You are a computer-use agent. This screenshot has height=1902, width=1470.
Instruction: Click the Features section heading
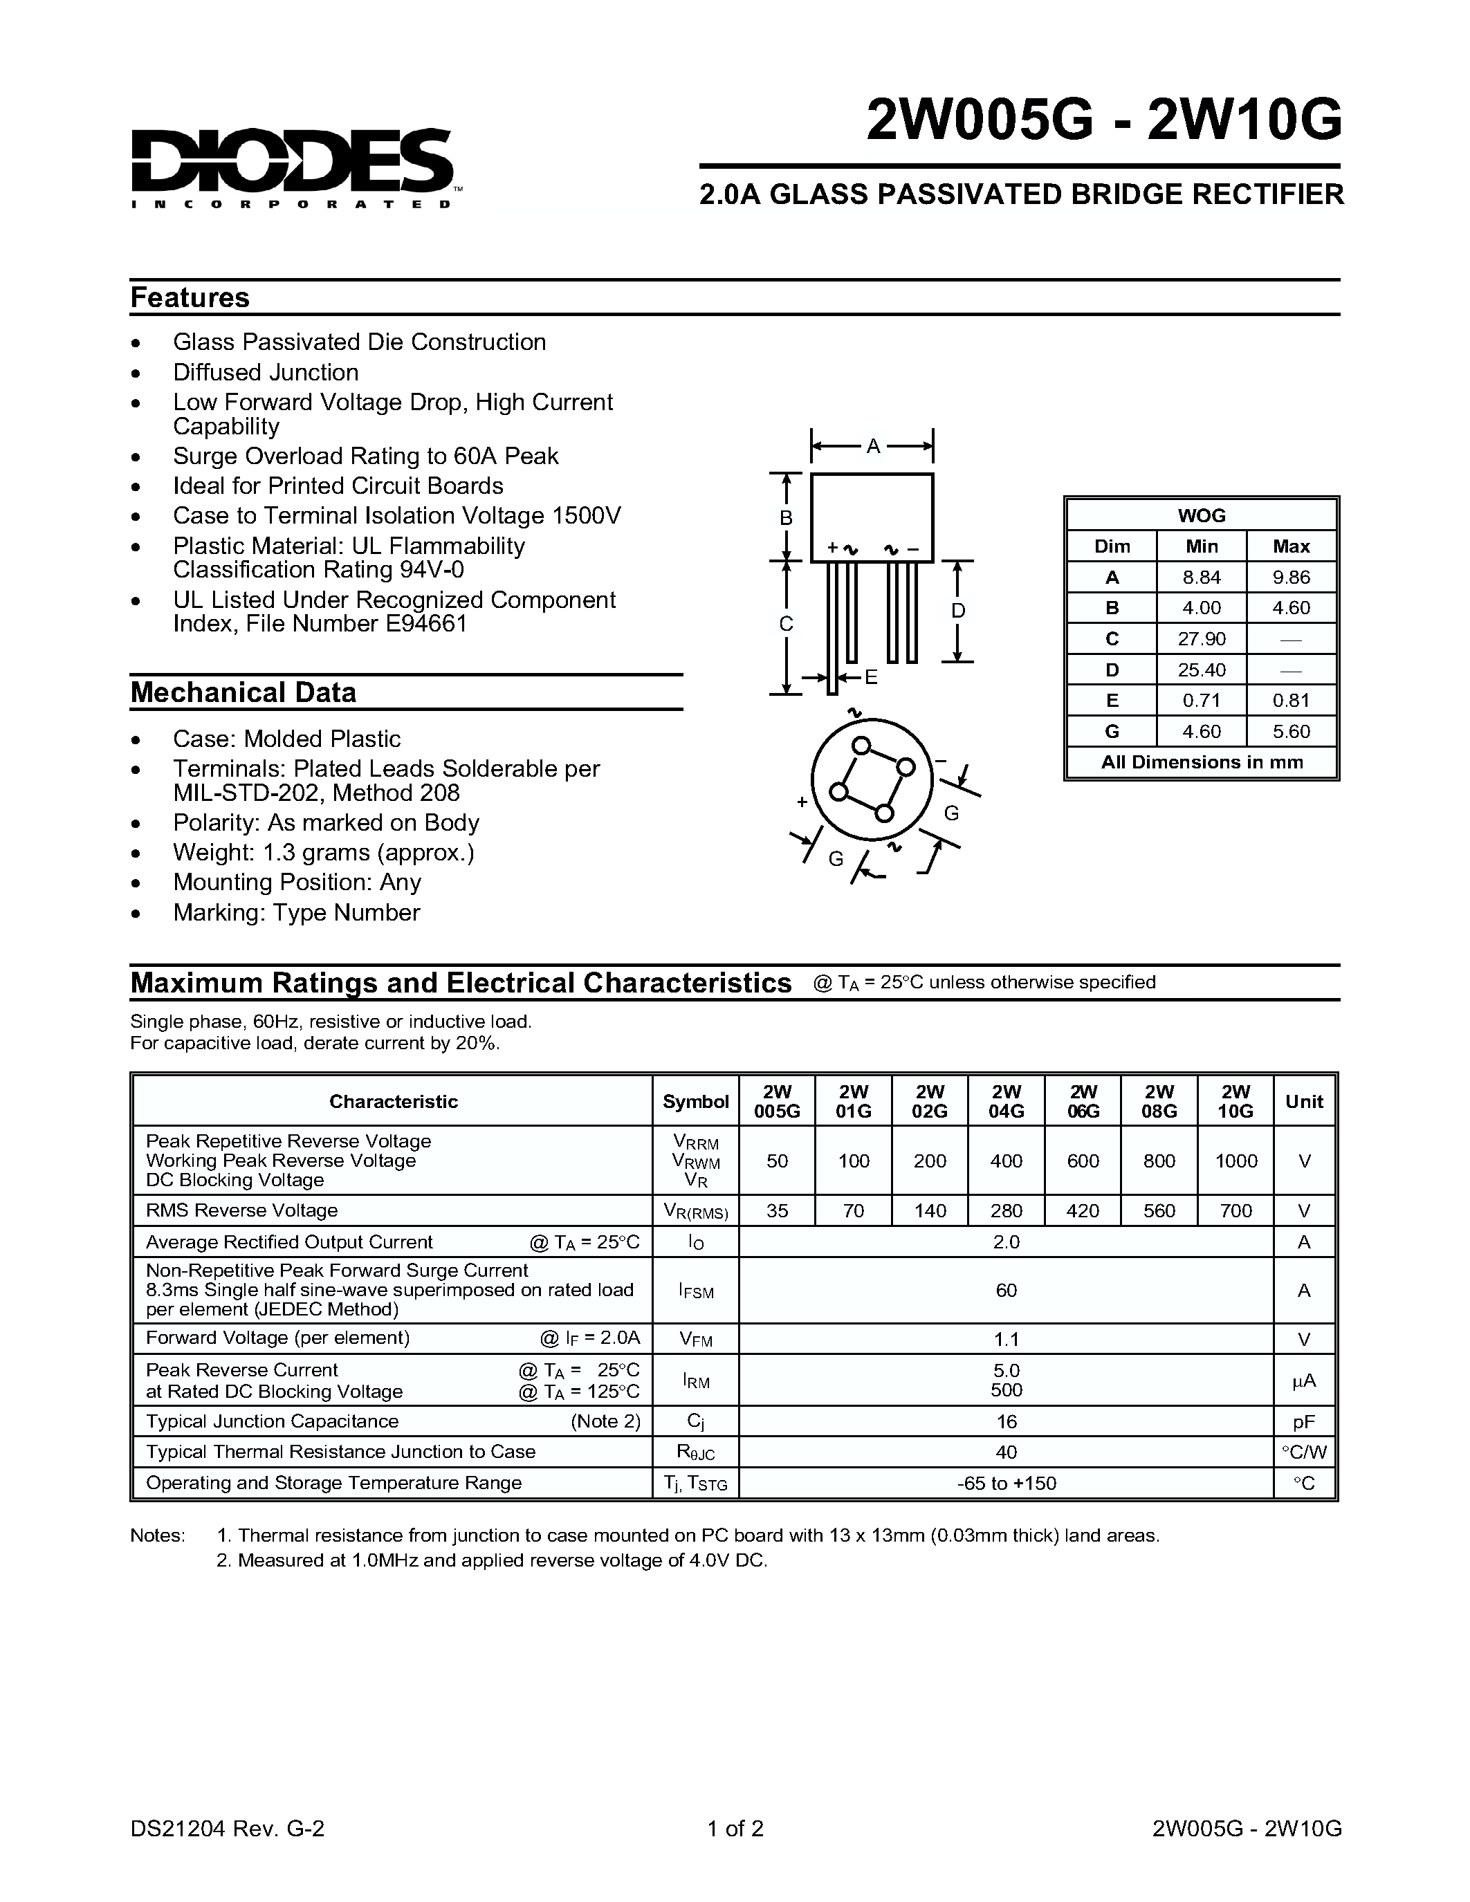click(x=189, y=298)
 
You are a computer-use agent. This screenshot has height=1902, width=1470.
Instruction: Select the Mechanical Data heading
click(x=243, y=692)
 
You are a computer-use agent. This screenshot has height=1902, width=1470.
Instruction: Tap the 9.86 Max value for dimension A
click(x=1291, y=578)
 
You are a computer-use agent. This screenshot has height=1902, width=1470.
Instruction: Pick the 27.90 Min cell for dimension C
click(x=1201, y=639)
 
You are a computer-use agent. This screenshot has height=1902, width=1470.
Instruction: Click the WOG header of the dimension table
click(x=1201, y=515)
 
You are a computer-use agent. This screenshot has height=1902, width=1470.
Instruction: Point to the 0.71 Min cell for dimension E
click(x=1201, y=700)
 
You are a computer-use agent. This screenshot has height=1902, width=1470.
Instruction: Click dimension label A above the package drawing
click(x=872, y=447)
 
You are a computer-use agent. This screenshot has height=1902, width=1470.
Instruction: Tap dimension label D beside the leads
click(x=957, y=611)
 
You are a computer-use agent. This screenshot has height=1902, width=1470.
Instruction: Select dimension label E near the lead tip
click(x=870, y=678)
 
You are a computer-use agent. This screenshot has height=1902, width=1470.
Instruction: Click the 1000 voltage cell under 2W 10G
click(x=1235, y=1161)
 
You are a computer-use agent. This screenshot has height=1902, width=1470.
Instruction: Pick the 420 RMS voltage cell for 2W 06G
click(x=1083, y=1210)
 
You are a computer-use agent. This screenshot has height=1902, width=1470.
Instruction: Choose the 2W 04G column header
click(x=1006, y=1101)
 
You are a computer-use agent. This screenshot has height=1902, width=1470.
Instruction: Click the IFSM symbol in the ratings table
click(x=695, y=1291)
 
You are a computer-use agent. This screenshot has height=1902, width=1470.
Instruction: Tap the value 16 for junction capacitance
click(x=1006, y=1421)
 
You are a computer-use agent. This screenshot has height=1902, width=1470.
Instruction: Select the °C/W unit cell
click(x=1304, y=1452)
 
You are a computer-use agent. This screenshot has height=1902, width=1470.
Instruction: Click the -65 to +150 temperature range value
click(x=1006, y=1483)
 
